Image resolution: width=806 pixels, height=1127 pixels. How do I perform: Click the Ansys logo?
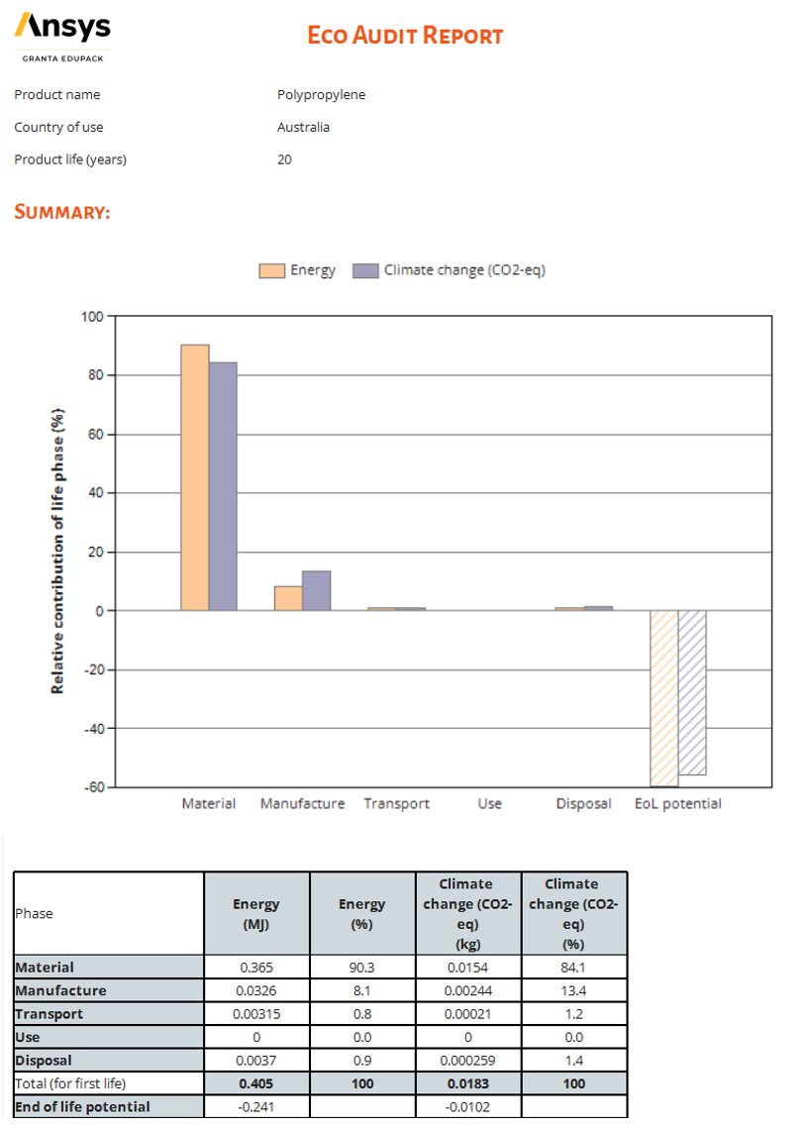click(62, 30)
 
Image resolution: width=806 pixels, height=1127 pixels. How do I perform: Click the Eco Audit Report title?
click(405, 36)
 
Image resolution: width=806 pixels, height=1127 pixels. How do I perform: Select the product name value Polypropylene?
click(321, 95)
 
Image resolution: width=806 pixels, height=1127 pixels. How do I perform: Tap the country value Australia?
click(303, 127)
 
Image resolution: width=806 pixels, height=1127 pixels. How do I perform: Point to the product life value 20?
click(284, 159)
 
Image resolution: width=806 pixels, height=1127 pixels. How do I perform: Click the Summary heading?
click(61, 212)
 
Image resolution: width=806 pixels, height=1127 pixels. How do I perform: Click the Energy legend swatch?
click(271, 270)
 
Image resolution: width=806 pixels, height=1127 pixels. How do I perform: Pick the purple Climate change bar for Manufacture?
click(316, 590)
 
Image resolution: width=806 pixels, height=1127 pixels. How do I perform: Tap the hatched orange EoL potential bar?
click(663, 697)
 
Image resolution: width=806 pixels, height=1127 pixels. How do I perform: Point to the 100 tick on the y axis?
click(91, 317)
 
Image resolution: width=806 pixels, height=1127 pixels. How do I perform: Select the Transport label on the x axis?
click(396, 803)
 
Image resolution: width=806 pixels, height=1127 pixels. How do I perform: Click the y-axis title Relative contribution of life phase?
click(57, 551)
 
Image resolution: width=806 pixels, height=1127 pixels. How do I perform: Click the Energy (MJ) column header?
click(256, 913)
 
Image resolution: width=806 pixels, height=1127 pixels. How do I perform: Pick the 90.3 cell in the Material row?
click(362, 967)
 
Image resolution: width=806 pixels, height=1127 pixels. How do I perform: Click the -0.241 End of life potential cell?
click(256, 1106)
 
